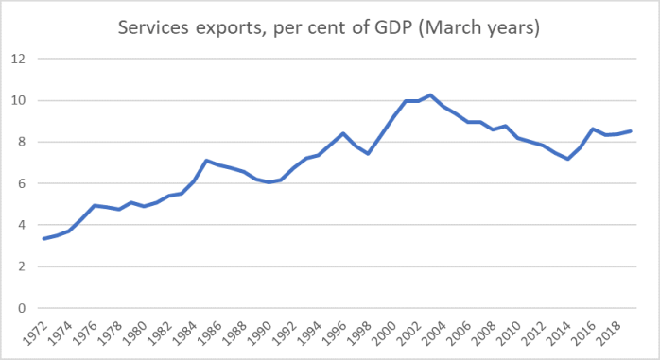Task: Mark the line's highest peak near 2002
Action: [430, 94]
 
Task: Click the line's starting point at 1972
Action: [44, 238]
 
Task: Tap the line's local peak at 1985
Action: [206, 161]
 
